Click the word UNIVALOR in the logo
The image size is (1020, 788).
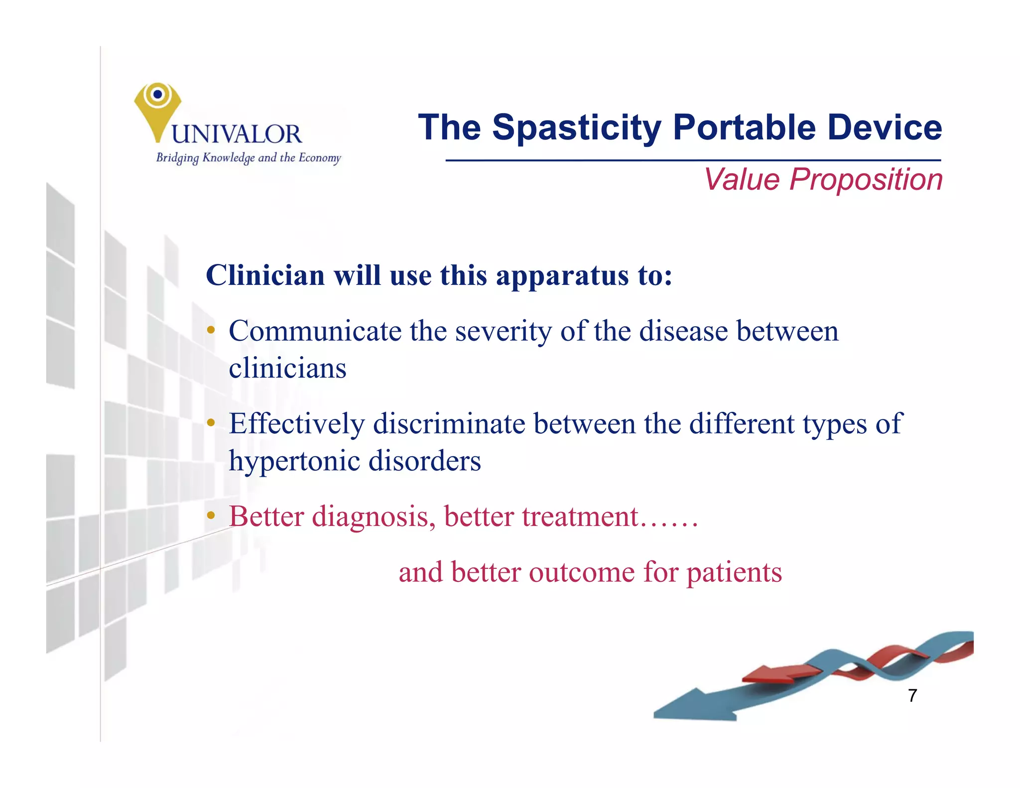pos(237,134)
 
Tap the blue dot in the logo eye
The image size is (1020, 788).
pos(158,94)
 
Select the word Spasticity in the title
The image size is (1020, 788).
pos(577,128)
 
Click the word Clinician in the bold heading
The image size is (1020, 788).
pos(265,275)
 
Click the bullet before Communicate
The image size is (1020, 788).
pos(211,330)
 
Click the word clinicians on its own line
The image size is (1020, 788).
pos(287,369)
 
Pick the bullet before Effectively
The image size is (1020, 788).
pos(211,423)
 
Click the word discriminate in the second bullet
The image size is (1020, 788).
pos(449,424)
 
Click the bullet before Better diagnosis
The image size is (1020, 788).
pos(211,516)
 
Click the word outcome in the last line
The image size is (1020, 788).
pos(581,572)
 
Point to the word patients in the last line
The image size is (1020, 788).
pos(734,573)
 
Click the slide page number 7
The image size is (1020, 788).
pos(912,695)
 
